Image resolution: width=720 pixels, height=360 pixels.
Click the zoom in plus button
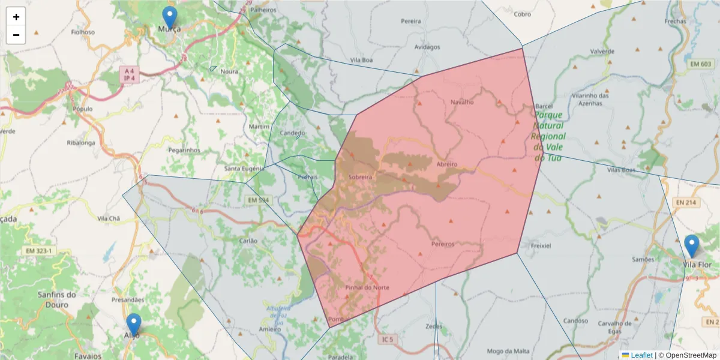pos(16,17)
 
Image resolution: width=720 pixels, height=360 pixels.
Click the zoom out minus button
pos(16,35)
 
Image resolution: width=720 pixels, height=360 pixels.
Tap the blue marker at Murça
pos(170,17)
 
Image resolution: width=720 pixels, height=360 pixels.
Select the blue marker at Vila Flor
pos(692,246)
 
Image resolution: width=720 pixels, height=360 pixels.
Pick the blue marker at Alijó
pos(133,325)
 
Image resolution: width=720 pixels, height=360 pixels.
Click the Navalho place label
pos(462,102)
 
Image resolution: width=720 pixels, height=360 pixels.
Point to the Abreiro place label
pos(447,164)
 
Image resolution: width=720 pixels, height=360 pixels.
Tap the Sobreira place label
pos(361,178)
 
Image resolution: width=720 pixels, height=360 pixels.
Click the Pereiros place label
pos(443,244)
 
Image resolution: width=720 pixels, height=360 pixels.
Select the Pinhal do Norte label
pos(367,287)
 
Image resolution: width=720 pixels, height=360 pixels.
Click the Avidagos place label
pos(427,47)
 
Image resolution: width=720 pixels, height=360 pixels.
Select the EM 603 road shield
pos(700,64)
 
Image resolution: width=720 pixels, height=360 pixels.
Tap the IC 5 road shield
pos(388,340)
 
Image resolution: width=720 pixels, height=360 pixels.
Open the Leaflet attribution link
pos(641,355)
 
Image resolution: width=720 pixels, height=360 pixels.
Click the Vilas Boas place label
pos(620,170)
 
